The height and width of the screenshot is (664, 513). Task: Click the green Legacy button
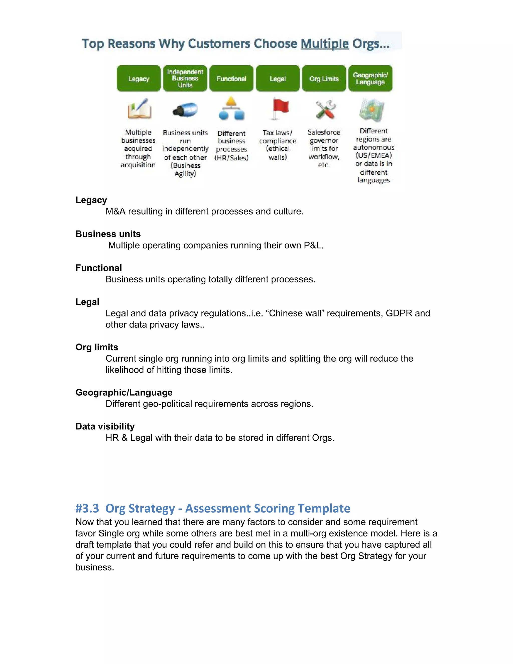click(139, 78)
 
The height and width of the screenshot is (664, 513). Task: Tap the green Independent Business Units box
click(185, 78)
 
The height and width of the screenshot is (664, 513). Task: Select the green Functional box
click(231, 78)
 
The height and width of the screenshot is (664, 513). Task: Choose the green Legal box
click(278, 78)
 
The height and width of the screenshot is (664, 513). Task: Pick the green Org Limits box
click(324, 78)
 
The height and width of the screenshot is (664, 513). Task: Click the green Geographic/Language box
click(370, 78)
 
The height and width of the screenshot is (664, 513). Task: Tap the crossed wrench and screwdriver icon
click(325, 109)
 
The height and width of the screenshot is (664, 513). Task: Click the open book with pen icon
click(140, 109)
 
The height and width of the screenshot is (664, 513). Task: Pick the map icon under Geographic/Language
click(372, 109)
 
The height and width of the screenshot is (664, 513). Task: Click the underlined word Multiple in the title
click(325, 44)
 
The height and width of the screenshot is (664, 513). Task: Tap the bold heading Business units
click(108, 234)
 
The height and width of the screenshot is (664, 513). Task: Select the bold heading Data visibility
click(105, 426)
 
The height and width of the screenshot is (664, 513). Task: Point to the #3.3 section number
click(87, 508)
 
